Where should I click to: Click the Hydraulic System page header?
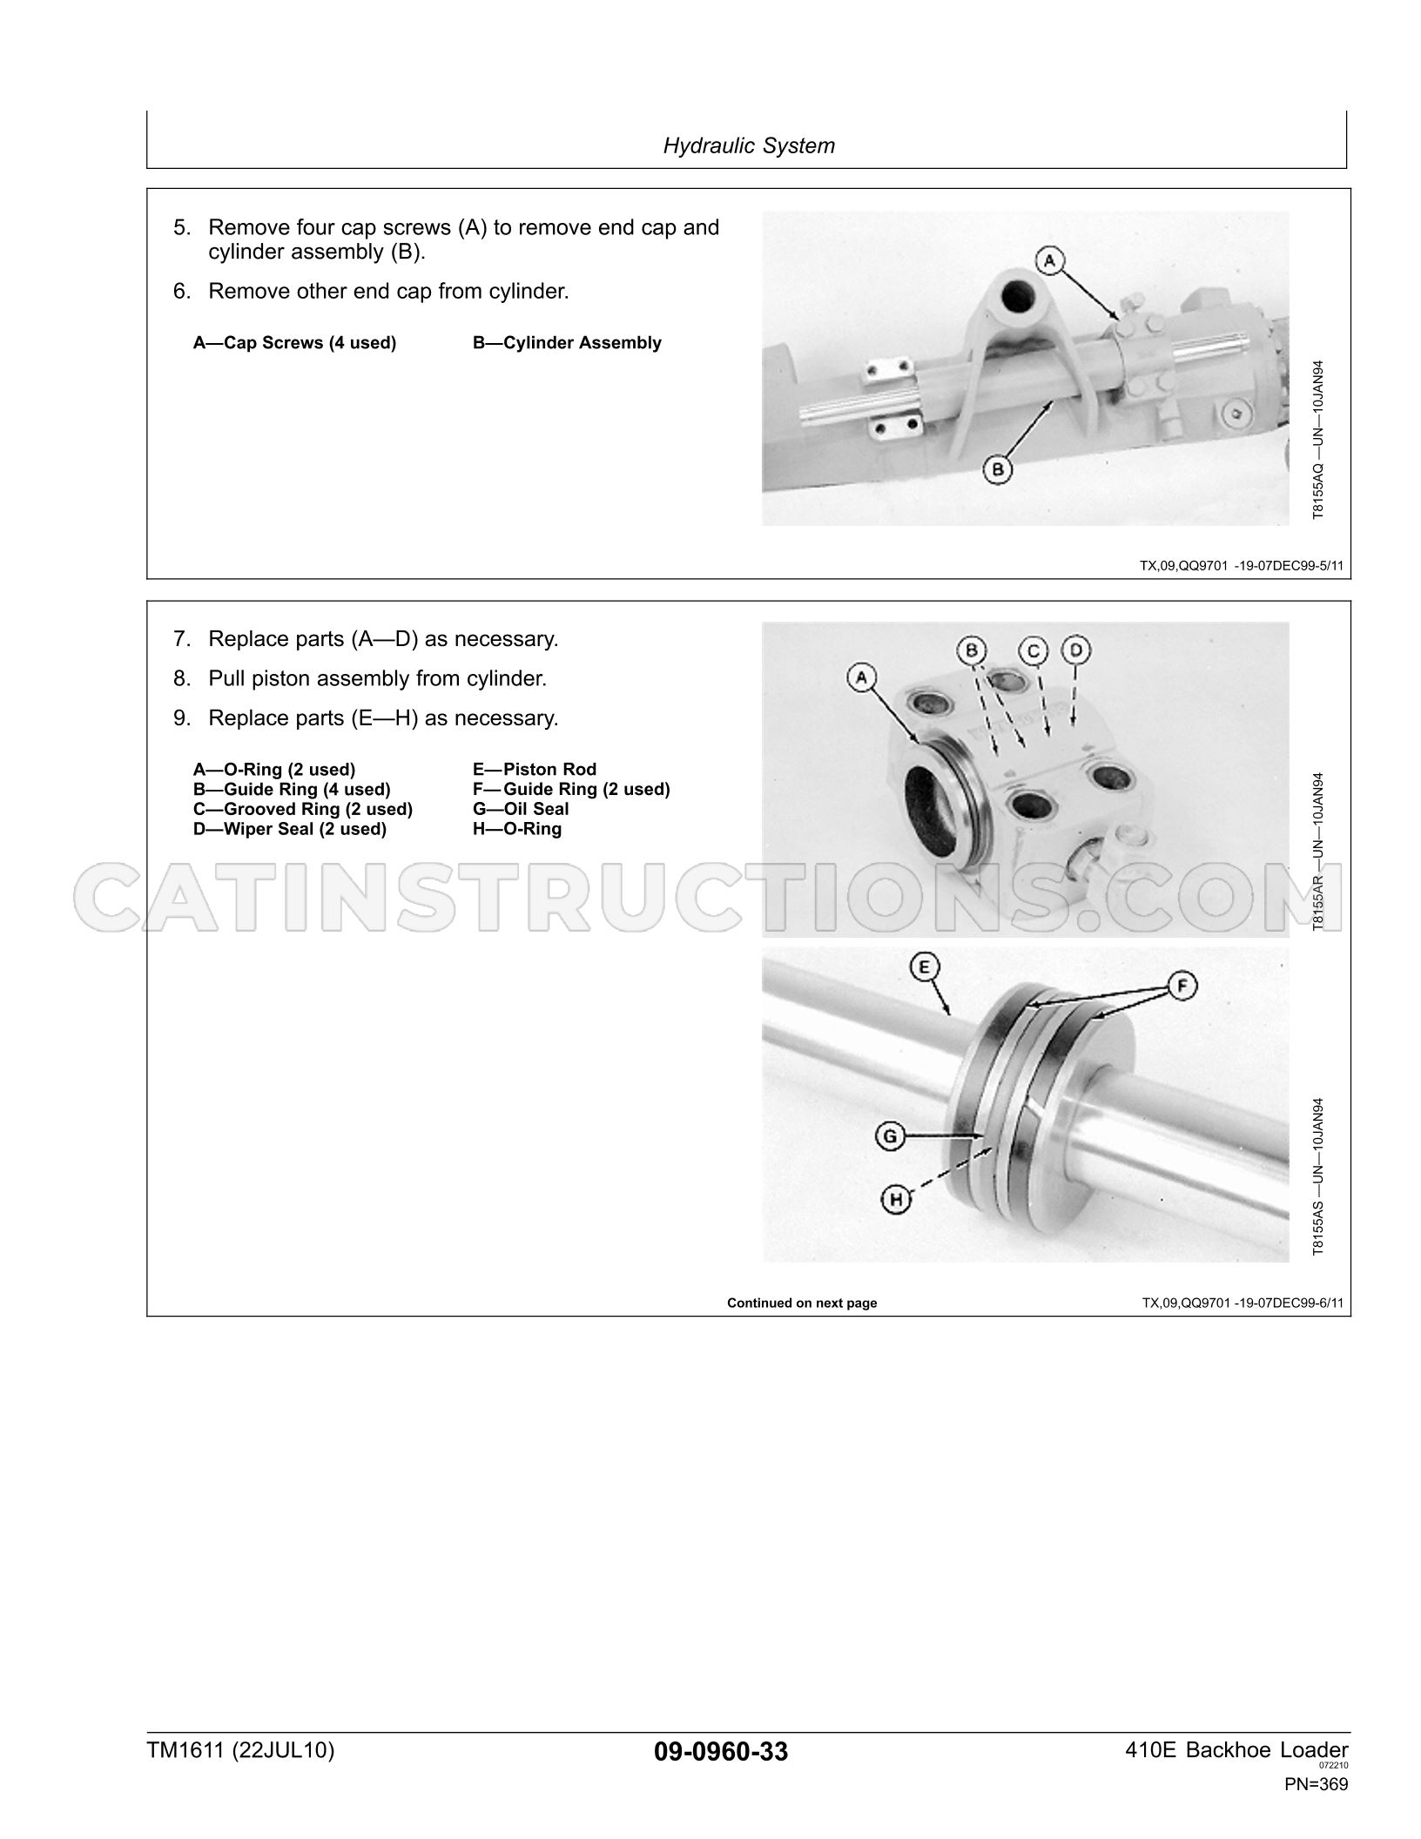point(749,145)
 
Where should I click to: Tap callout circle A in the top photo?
point(1050,259)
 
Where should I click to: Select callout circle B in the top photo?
point(998,470)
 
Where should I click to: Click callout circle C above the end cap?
point(1034,650)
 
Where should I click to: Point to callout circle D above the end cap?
point(1076,650)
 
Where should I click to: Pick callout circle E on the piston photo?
point(923,967)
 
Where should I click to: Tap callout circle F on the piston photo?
point(1182,987)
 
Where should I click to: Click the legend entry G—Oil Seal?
point(521,809)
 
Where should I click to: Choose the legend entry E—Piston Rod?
point(535,769)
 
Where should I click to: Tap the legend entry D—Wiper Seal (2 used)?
point(290,829)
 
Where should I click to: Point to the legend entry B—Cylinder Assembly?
point(567,343)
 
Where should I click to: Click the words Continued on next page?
point(802,1303)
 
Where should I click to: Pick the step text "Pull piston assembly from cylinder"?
point(378,678)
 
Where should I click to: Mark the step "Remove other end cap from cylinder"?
point(388,291)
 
